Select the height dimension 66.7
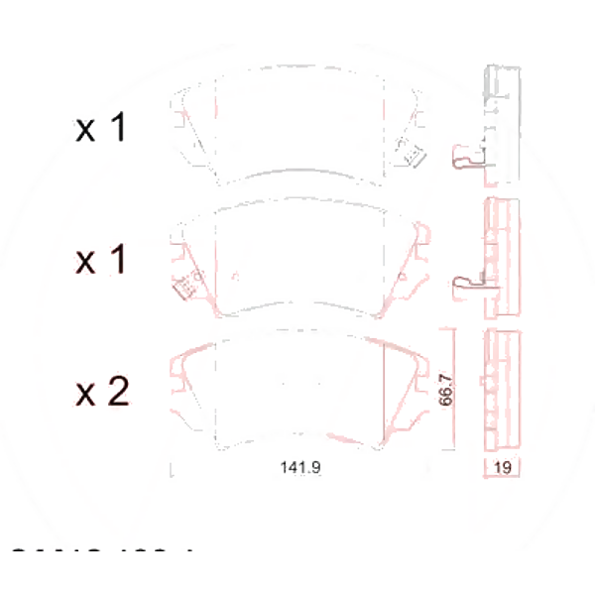(446, 390)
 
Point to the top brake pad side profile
(501, 124)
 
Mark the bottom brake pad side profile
(501, 390)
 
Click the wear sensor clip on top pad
(409, 155)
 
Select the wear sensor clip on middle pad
(183, 289)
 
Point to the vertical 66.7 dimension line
(454, 390)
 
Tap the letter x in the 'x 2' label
(86, 395)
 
